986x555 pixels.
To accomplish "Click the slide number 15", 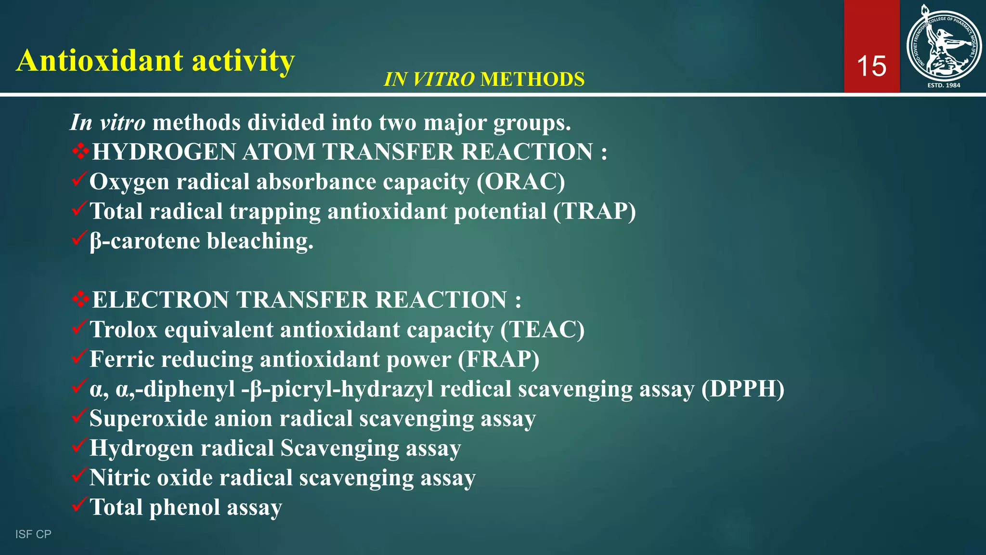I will (871, 66).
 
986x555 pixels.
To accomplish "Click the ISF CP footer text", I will (33, 534).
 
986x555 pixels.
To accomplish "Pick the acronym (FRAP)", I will (499, 359).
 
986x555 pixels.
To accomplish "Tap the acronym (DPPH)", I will (742, 389).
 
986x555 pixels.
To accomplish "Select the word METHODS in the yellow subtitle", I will (532, 79).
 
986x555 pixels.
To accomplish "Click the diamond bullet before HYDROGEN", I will (80, 152).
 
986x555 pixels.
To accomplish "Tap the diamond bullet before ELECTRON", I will (80, 300).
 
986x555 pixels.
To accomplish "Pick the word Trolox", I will (124, 330).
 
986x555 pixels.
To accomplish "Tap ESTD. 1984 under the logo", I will (944, 85).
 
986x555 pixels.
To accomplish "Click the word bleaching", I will (260, 241).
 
